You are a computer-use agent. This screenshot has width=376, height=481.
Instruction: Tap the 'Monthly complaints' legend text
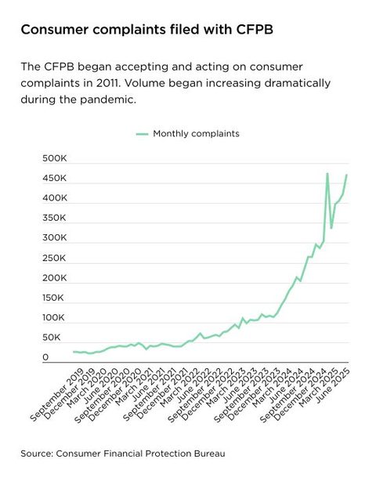pos(196,134)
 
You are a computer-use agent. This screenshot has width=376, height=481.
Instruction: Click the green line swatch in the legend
pos(141,134)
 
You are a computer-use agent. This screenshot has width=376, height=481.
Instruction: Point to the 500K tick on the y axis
pos(56,158)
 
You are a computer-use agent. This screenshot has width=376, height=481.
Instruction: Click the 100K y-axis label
pos(56,318)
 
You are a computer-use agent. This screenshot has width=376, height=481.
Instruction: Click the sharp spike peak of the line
pos(327,173)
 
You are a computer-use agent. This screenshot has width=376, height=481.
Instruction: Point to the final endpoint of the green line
pos(347,175)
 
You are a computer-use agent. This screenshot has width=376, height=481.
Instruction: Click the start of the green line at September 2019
pos(73,352)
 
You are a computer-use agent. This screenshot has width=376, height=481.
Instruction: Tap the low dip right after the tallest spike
pos(331,228)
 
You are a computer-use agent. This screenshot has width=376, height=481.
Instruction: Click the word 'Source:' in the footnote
pos(38,453)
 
